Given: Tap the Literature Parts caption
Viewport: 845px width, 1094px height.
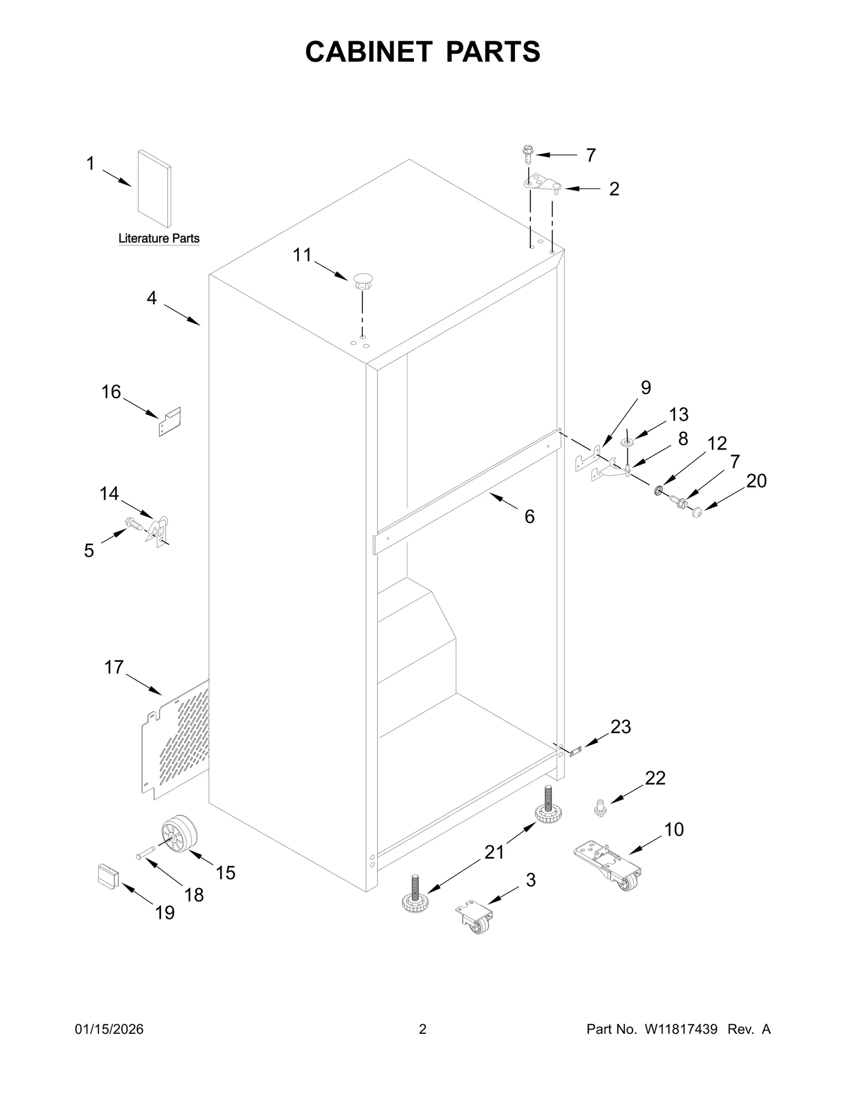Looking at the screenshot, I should tap(159, 238).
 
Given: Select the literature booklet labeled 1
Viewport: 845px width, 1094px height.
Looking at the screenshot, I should tap(154, 189).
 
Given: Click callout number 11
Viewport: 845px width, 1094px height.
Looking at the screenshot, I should tap(302, 255).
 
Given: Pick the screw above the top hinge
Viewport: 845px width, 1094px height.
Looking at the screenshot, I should tap(527, 154).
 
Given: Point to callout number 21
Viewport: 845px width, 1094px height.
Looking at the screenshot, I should tap(494, 852).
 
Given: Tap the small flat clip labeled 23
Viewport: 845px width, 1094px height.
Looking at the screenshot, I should tap(575, 751).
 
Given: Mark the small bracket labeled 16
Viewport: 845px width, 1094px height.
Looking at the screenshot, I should tap(170, 422).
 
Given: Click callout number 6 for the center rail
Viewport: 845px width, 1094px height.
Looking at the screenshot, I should tap(529, 516).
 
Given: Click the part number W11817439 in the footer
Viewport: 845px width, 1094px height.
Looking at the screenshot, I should tap(680, 1029).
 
